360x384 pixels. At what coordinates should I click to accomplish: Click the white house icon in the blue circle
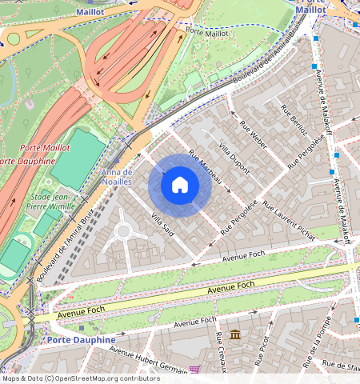[180, 185]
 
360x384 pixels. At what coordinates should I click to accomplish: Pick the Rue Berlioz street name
[294, 120]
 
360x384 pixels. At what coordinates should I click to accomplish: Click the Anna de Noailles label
[117, 177]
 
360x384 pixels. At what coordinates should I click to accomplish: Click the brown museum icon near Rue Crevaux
[235, 334]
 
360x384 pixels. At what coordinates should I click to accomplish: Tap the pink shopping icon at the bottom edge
[194, 369]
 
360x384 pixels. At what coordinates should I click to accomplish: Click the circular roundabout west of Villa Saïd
[123, 232]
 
